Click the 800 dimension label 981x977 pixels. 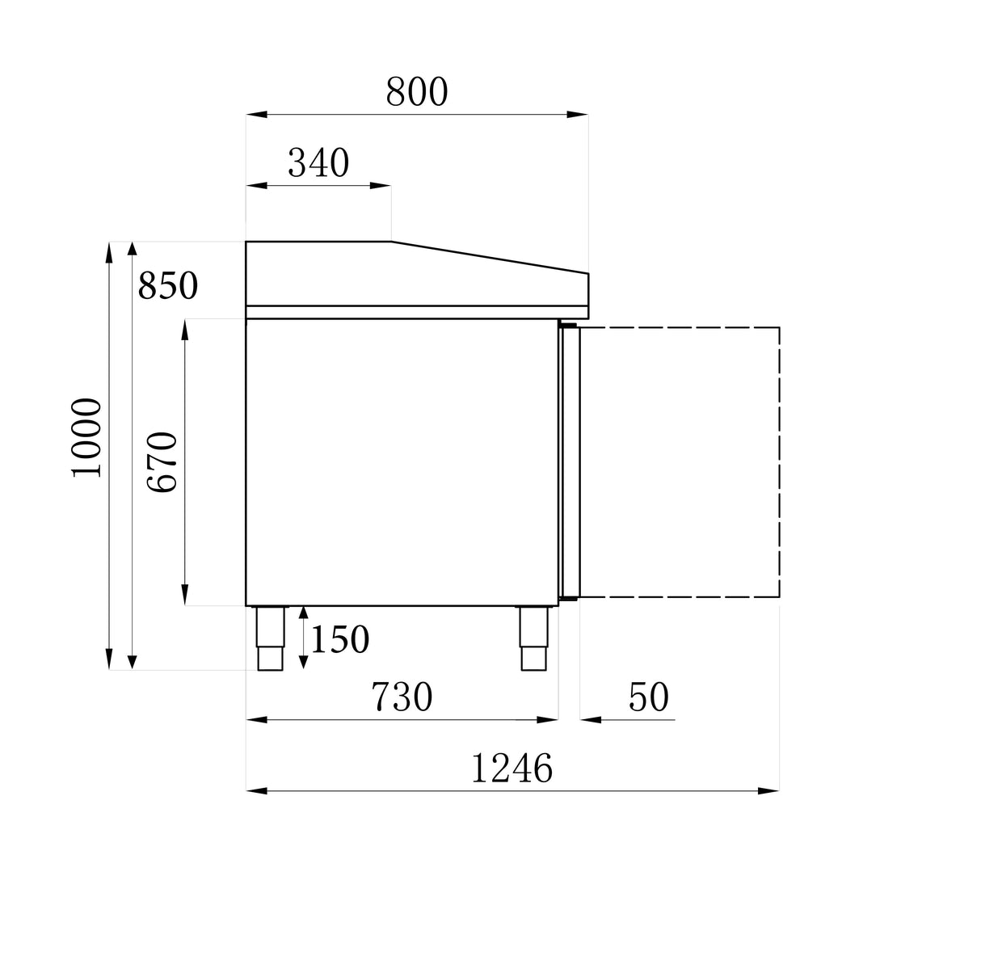tap(416, 92)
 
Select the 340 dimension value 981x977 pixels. tap(318, 163)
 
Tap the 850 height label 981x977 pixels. tap(168, 286)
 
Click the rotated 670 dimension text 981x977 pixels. tap(162, 462)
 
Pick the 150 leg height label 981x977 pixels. tap(340, 640)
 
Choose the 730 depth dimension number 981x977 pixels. tap(402, 697)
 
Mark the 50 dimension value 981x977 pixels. tap(649, 697)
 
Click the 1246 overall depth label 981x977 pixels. tap(512, 769)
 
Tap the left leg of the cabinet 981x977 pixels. tap(271, 638)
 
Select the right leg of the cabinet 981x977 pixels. tap(533, 638)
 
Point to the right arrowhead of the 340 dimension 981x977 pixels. tap(381, 186)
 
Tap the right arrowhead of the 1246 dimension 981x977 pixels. tap(769, 790)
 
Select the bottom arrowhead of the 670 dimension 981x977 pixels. tap(186, 596)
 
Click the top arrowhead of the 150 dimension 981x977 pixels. tap(303, 615)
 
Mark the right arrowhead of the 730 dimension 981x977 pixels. tap(549, 719)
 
